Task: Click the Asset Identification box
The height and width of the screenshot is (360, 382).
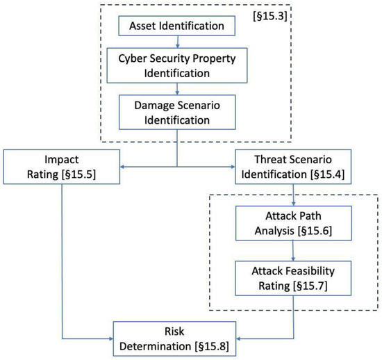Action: (x=176, y=26)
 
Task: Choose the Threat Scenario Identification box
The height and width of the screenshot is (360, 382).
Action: (x=292, y=166)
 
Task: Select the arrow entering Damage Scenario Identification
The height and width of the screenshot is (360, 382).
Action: (x=176, y=91)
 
